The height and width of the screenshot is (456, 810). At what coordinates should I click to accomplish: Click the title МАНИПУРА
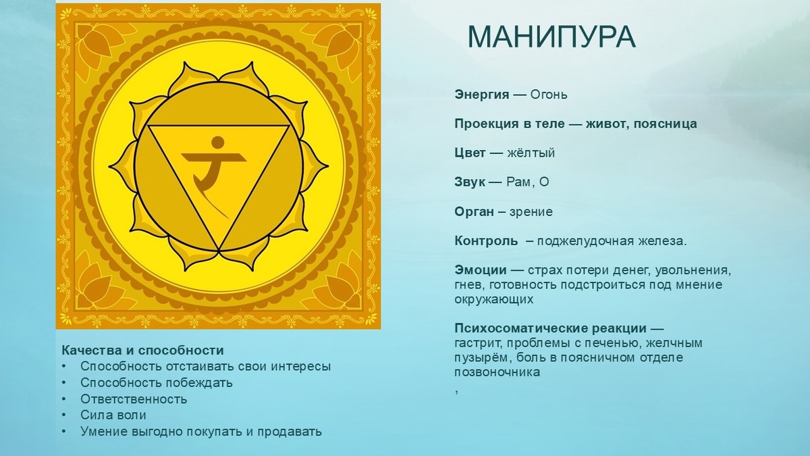[551, 38]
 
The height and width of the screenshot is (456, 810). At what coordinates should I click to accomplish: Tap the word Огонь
[549, 95]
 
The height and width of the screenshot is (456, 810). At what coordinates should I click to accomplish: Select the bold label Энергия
[482, 95]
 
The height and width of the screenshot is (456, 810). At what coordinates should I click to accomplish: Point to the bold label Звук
[470, 182]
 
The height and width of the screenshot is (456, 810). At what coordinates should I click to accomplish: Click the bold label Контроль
[486, 241]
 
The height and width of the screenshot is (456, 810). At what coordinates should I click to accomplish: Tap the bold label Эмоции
[481, 271]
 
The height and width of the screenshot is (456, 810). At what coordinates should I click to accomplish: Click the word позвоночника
[497, 372]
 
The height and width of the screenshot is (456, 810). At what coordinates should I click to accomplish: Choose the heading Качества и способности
[142, 351]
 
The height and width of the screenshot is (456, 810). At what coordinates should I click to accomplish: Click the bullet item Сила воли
[113, 415]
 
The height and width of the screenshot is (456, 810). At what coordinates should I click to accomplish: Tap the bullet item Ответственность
[134, 399]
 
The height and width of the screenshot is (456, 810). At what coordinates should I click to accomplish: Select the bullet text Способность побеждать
[157, 382]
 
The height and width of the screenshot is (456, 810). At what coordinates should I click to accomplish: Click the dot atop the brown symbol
[217, 142]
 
